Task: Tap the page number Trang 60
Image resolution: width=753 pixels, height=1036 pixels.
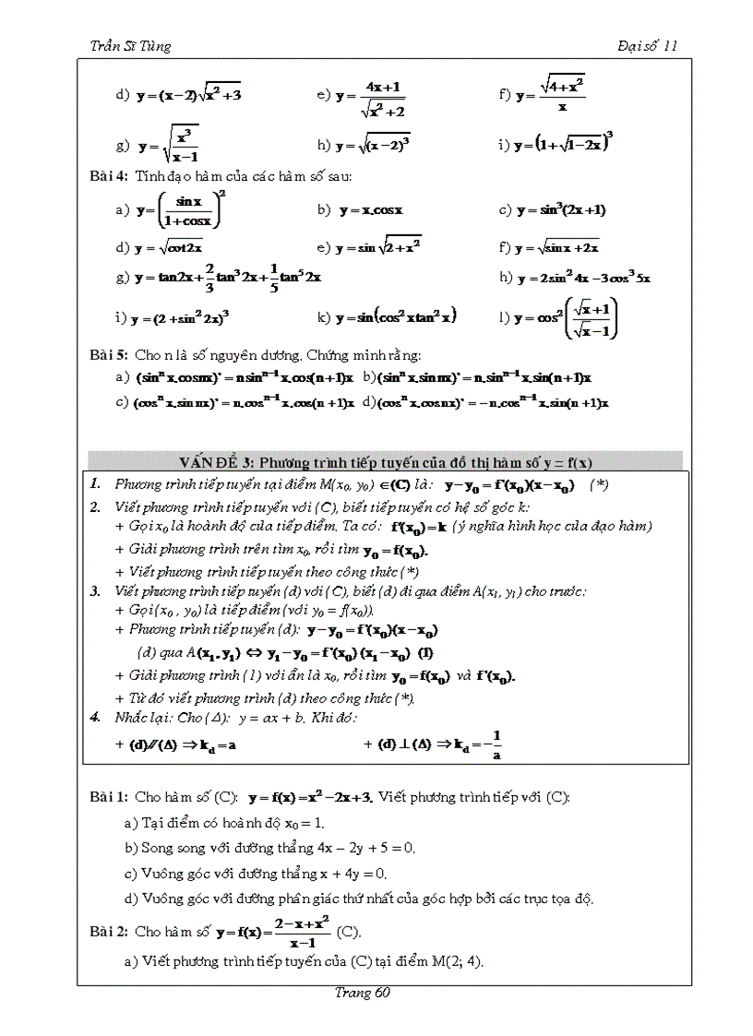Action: pyautogui.click(x=366, y=993)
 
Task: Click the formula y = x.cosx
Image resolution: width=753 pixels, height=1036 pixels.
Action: pyautogui.click(x=371, y=210)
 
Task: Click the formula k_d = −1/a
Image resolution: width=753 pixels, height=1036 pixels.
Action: pyautogui.click(x=472, y=744)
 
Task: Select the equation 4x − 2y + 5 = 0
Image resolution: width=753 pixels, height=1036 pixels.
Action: pyautogui.click(x=353, y=847)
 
